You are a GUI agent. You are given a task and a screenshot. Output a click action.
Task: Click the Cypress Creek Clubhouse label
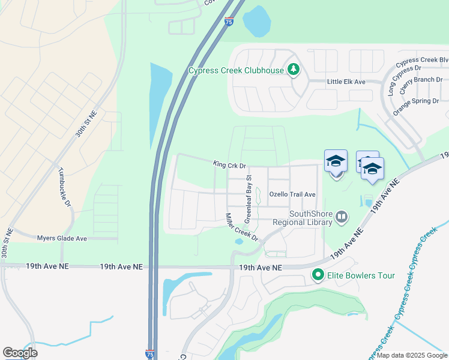point(236,70)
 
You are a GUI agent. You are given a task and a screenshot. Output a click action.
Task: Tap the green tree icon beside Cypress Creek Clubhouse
point(293,70)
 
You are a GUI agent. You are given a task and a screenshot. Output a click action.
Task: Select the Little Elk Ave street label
point(346,82)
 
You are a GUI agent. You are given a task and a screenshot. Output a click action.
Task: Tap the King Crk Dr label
point(230,164)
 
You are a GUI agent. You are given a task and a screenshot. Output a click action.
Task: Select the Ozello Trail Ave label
point(292,194)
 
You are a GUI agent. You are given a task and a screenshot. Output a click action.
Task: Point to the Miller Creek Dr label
point(241,227)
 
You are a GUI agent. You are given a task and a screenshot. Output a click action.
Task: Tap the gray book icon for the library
point(342,216)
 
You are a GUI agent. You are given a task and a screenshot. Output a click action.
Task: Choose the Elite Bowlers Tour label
point(361,275)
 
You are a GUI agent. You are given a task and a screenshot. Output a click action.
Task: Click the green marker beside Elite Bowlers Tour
point(318,275)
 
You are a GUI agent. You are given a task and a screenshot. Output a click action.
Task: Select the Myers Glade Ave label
point(62,238)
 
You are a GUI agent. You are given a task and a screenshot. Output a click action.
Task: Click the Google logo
point(20,353)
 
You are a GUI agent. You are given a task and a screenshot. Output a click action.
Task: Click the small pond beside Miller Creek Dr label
point(240,242)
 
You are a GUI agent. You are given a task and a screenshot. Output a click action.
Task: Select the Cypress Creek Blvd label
point(427,61)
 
